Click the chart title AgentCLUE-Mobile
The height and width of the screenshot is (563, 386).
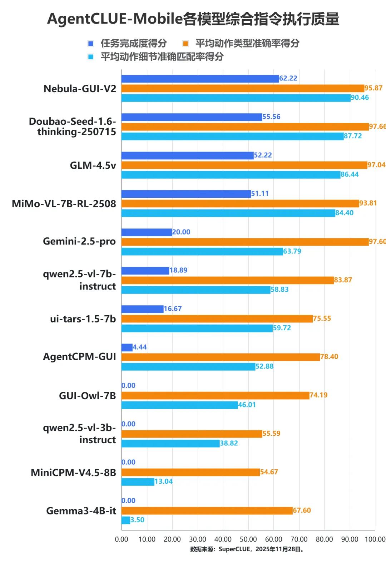pyautogui.click(x=114, y=19)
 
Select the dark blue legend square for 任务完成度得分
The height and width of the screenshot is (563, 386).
pyautogui.click(x=91, y=44)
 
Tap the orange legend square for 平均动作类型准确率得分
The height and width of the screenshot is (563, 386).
pyautogui.click(x=185, y=44)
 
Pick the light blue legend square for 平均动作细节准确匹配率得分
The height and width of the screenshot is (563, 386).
pyautogui.click(x=91, y=57)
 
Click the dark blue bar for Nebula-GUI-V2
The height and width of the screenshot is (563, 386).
pyautogui.click(x=200, y=79)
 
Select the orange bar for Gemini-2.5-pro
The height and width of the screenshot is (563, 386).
pyautogui.click(x=245, y=242)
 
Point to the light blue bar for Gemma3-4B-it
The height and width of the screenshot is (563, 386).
pyautogui.click(x=126, y=520)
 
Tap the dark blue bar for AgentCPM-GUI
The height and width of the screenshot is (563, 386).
pyautogui.click(x=127, y=347)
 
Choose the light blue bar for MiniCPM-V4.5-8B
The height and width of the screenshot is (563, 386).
pyautogui.click(x=138, y=482)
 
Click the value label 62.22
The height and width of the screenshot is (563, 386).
pyautogui.click(x=288, y=78)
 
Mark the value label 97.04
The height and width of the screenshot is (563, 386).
pyautogui.click(x=376, y=165)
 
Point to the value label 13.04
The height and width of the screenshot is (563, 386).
pyautogui.click(x=164, y=481)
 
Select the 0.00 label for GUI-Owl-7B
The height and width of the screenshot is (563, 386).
pyautogui.click(x=129, y=386)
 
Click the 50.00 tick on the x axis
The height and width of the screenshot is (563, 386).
pyautogui.click(x=248, y=539)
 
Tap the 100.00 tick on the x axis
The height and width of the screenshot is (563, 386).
pyautogui.click(x=375, y=539)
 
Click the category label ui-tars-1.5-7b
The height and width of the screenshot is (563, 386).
pyautogui.click(x=83, y=319)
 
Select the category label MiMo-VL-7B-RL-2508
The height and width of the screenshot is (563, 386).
pyautogui.click(x=64, y=204)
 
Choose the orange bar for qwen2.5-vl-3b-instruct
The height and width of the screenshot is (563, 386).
pyautogui.click(x=192, y=434)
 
